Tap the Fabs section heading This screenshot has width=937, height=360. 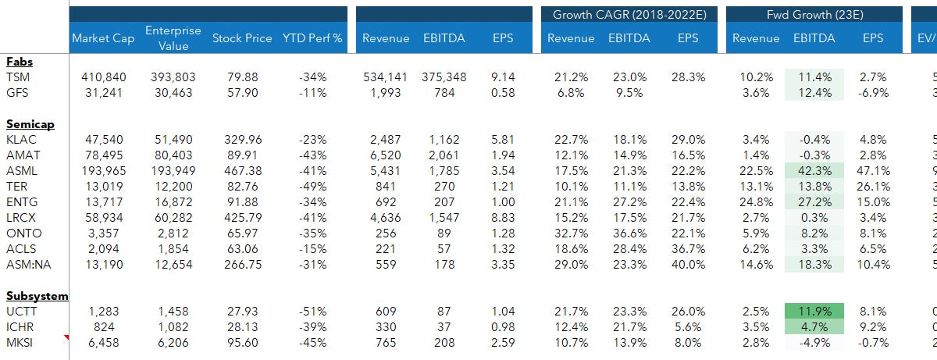[x=19, y=61]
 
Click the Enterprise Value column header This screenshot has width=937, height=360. [x=173, y=37]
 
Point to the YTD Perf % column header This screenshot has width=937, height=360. [x=312, y=38]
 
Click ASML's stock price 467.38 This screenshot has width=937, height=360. [x=242, y=170]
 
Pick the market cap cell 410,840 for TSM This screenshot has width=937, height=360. [x=103, y=77]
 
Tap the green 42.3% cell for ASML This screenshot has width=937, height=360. [x=813, y=170]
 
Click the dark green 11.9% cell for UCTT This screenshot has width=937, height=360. [x=813, y=311]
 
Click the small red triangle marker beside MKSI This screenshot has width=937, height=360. [x=66, y=337]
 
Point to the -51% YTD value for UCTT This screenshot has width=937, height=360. [x=312, y=311]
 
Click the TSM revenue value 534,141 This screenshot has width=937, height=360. [x=388, y=77]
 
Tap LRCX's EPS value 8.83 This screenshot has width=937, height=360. [x=503, y=217]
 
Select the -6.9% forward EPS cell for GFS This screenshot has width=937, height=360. [x=873, y=92]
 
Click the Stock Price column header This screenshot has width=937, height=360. [x=242, y=38]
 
